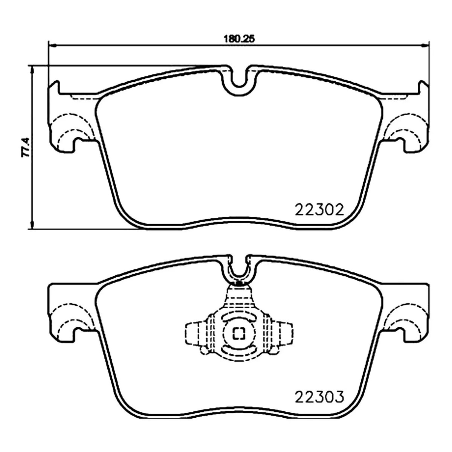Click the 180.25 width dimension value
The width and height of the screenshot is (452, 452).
238,39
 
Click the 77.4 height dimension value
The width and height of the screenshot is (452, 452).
25,147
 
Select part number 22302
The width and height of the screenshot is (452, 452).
319,210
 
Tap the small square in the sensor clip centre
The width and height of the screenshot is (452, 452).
238,334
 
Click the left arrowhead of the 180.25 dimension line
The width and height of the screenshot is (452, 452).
52,45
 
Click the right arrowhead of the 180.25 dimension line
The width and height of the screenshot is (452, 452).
425,45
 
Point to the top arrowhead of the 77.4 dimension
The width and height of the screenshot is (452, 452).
32,69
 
